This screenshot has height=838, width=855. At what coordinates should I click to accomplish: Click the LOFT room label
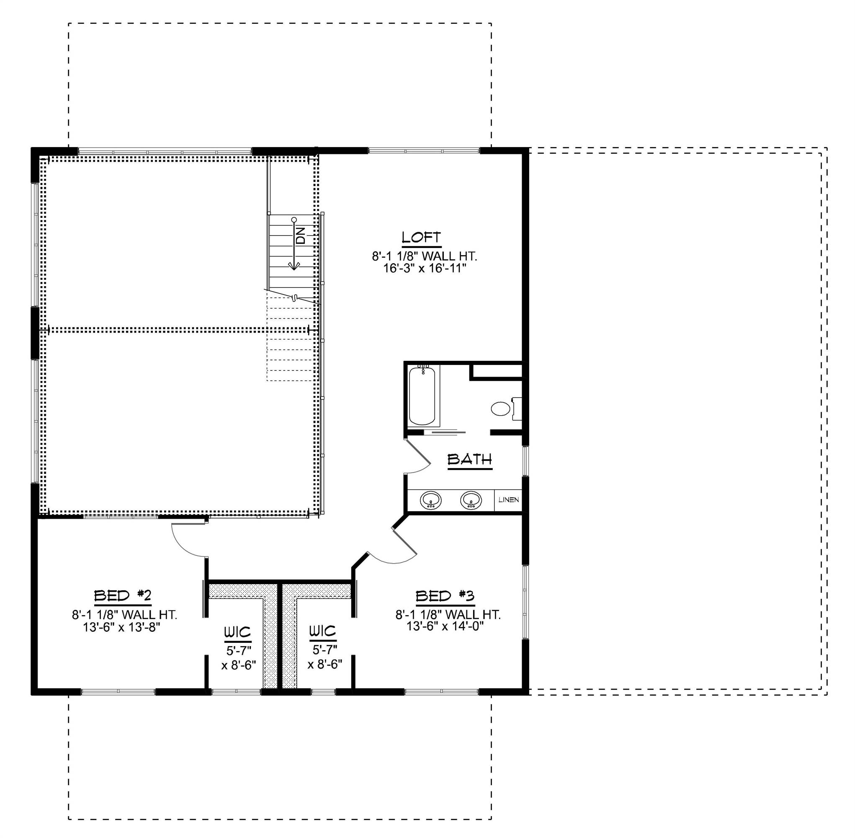[421, 237]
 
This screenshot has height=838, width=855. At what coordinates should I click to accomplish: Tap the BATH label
[469, 460]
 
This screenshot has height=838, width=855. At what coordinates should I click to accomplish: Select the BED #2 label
[123, 596]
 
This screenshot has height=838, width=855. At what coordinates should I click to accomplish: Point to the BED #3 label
[445, 596]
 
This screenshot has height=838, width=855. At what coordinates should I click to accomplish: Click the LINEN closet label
[508, 500]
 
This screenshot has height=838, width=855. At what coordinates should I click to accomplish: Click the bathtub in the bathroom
[422, 396]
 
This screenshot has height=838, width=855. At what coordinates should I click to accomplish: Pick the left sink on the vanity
[430, 500]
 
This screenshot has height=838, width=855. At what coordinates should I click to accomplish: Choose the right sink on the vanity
[471, 500]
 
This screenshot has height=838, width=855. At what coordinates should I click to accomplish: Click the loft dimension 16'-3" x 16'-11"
[424, 268]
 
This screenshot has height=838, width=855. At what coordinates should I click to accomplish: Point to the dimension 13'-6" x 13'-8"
[121, 627]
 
